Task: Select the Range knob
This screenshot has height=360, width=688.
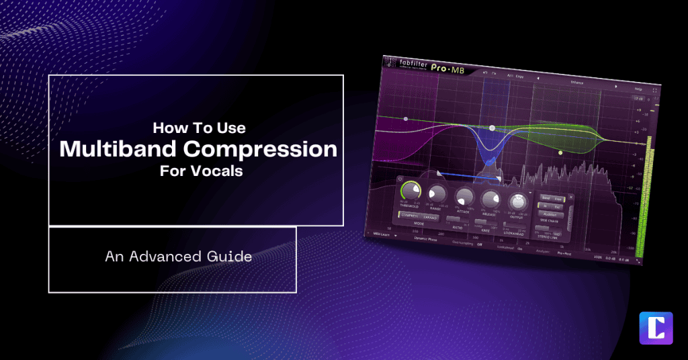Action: coord(437,194)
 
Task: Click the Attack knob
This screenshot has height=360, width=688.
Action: coord(464,196)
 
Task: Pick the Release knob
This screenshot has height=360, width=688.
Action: coord(490,198)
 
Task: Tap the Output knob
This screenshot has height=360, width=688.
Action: coord(517,201)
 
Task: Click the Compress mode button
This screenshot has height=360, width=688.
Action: coord(409,216)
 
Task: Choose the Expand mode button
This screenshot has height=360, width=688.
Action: coord(429,217)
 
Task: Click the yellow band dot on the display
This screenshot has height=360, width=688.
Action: coord(560,152)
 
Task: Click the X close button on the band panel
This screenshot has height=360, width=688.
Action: coord(571,197)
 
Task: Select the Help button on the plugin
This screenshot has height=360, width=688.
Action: coord(637,88)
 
